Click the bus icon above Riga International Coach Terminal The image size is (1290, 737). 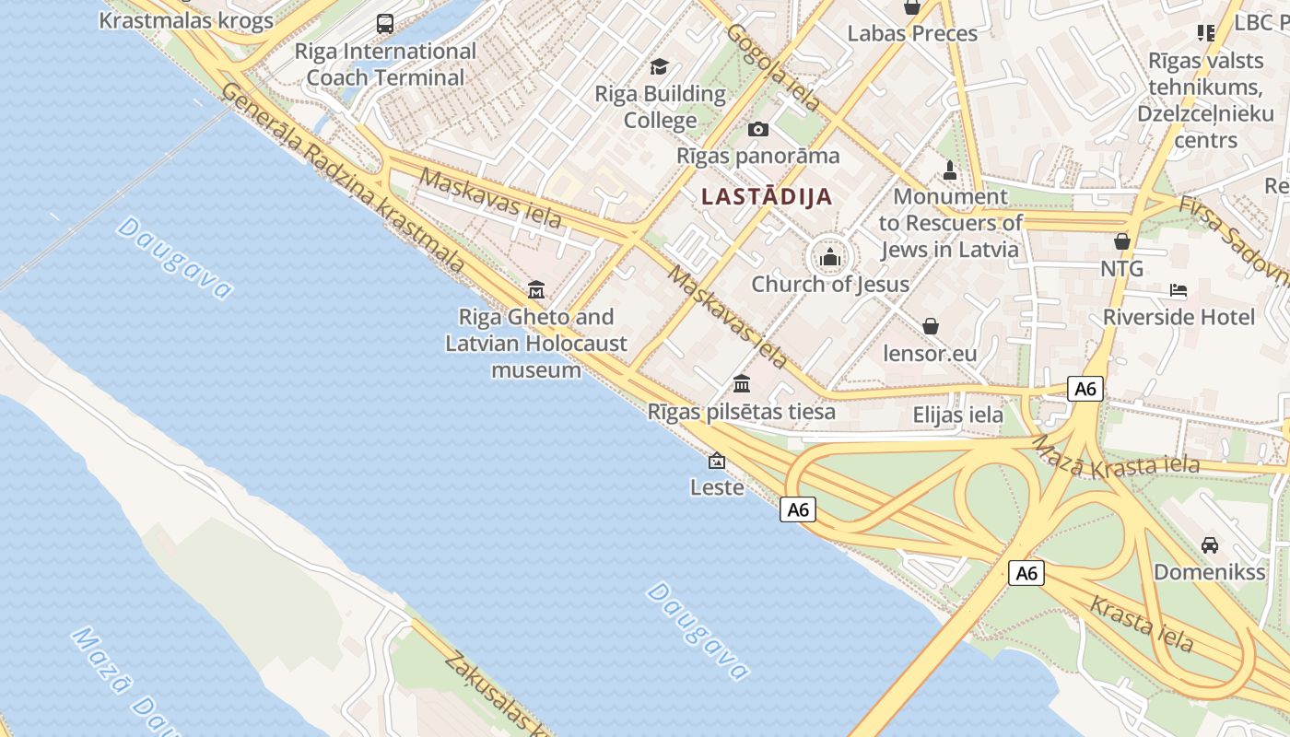tap(385, 24)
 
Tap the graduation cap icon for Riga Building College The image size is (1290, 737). tap(659, 66)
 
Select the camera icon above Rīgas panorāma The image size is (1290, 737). tap(758, 129)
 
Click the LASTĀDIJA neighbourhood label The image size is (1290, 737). tap(767, 196)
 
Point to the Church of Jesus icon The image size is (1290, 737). tap(830, 257)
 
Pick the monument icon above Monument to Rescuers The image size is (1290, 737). tap(950, 170)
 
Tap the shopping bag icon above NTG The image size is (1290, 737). tap(1122, 241)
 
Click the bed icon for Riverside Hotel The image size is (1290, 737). tap(1179, 290)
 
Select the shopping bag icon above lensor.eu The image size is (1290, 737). tap(931, 326)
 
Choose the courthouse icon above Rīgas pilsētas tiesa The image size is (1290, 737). tap(742, 383)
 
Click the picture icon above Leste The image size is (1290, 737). tap(717, 461)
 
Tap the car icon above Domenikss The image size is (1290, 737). tap(1210, 544)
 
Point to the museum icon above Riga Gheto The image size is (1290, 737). tap(536, 290)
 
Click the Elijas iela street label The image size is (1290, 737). tap(957, 415)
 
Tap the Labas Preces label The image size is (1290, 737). tap(912, 34)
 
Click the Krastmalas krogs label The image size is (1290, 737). tap(186, 20)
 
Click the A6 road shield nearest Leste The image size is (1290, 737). tap(798, 509)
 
